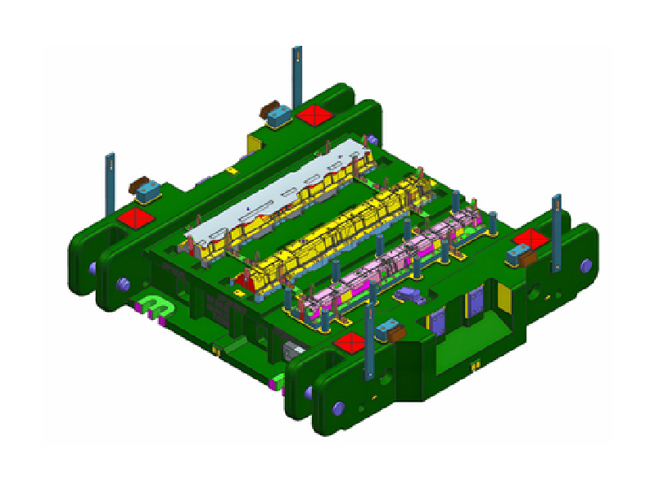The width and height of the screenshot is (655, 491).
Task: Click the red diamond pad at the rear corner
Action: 313,115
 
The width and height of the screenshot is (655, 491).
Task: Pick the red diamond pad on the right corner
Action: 531,239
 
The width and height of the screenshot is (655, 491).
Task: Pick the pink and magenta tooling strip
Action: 393,262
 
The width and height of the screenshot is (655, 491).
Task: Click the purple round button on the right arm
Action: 585,265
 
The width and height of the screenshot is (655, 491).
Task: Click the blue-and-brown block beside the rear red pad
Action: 274,115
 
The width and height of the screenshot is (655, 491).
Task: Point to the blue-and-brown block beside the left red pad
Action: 147,190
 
